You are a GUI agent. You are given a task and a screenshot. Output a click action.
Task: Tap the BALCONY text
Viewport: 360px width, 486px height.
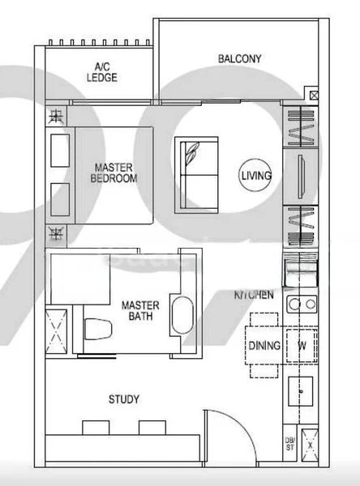239,58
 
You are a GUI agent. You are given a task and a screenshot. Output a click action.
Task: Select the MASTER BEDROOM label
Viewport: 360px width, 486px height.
114,173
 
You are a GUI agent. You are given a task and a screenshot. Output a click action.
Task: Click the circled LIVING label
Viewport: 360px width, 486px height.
256,175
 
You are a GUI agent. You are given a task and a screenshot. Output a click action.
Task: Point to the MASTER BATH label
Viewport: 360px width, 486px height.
140,311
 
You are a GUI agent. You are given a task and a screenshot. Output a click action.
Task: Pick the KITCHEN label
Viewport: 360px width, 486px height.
254,296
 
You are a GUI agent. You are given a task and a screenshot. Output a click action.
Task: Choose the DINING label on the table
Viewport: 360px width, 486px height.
264,346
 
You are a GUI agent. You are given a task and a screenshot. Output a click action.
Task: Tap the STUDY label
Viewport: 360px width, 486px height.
124,399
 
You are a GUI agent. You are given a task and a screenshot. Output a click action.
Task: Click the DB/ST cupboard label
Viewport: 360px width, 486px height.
289,444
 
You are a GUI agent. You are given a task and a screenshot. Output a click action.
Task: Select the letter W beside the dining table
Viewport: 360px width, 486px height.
301,346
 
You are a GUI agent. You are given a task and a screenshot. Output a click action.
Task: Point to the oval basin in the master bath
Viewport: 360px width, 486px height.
182,316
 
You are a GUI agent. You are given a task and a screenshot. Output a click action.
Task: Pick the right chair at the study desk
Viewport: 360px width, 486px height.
150,427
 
